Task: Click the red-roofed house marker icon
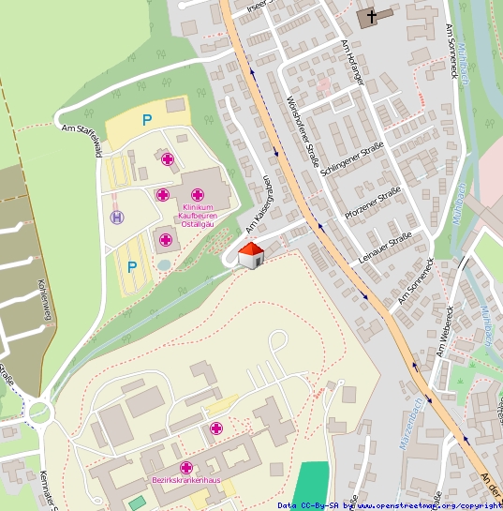[250, 255]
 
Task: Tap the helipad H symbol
[117, 218]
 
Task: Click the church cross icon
[371, 16]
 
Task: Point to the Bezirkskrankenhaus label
[185, 480]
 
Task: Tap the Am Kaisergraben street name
[259, 205]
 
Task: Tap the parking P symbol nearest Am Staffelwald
[146, 120]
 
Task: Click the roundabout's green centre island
[39, 412]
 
